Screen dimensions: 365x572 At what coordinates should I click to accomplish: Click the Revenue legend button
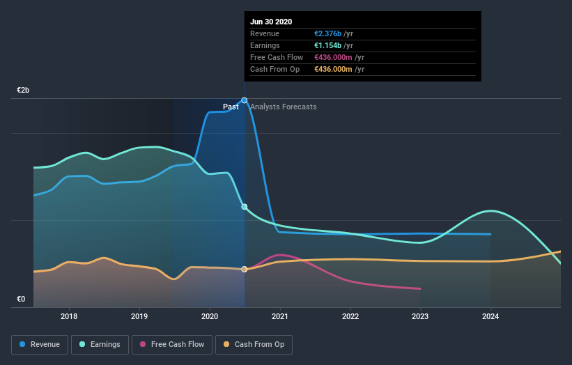tap(40, 344)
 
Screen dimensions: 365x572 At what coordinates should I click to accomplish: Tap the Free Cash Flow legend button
tap(172, 344)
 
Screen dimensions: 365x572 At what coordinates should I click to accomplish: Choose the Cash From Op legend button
tap(254, 344)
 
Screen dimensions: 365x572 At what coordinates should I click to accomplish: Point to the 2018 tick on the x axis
tap(69, 316)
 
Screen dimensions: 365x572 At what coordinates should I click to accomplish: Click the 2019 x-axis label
tap(139, 316)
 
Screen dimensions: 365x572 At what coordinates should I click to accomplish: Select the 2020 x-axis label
tap(210, 316)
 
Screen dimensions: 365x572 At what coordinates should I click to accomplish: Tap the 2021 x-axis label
tap(280, 316)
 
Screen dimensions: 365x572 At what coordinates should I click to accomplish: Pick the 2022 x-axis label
tap(350, 316)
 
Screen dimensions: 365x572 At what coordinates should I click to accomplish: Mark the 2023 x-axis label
tap(420, 316)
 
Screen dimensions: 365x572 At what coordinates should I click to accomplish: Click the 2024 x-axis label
tap(490, 316)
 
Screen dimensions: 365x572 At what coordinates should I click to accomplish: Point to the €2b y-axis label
tap(23, 91)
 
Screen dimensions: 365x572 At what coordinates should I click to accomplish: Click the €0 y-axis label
tap(21, 300)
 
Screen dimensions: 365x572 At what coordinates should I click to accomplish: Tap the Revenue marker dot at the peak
tap(245, 100)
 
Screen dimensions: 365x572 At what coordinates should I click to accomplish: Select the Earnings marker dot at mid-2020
tap(245, 207)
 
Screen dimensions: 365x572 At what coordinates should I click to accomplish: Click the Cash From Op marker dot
tap(245, 269)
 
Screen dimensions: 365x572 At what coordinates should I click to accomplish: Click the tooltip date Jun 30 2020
tap(271, 22)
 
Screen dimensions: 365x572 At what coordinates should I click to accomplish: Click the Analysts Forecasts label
tap(283, 107)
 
